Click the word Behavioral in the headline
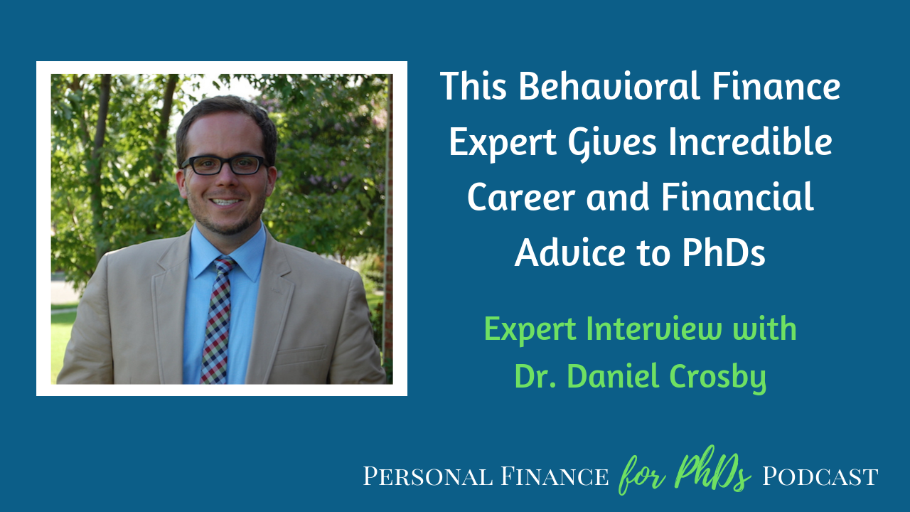609,86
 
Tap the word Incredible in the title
750,142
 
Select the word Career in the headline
521,198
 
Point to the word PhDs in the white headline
724,252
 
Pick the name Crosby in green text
717,377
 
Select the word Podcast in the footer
820,476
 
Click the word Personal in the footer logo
427,476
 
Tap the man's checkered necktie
218,320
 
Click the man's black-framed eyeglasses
225,165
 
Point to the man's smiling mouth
225,201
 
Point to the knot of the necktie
224,265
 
